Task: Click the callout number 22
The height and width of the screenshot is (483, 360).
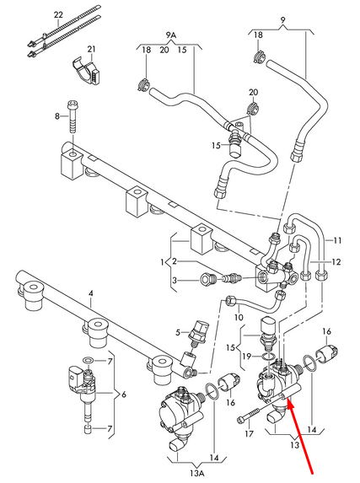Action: point(57,15)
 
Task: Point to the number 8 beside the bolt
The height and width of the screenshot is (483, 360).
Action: point(57,115)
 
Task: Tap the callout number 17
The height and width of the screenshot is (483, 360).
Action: point(248,434)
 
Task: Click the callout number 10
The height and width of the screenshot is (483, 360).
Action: point(239,318)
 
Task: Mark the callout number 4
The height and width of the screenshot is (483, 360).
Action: point(92,292)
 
